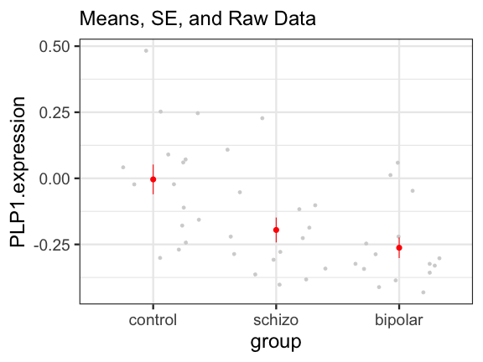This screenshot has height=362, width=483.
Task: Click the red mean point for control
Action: [153, 179]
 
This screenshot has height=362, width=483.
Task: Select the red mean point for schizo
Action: [276, 230]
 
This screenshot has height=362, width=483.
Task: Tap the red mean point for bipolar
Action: [399, 248]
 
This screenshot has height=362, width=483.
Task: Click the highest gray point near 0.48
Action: [146, 51]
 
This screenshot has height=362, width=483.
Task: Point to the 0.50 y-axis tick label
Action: [55, 47]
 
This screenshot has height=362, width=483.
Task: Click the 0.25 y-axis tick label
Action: [55, 112]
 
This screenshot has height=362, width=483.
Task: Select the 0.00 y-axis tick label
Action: [55, 178]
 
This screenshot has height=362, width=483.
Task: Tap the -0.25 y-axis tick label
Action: [52, 245]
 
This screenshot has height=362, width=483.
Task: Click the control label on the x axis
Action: [153, 320]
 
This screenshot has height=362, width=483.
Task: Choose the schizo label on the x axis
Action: [276, 320]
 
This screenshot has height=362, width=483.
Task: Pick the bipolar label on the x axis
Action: [399, 321]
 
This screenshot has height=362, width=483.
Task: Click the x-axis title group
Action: [276, 343]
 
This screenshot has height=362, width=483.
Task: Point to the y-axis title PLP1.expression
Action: [18, 172]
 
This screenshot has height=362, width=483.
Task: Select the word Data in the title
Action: [295, 18]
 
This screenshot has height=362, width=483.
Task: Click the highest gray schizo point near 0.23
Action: [262, 118]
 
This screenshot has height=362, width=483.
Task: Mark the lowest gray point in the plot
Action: [423, 292]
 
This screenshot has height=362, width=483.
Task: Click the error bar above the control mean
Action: [153, 171]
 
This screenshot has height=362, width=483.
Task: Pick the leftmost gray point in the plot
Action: [123, 168]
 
